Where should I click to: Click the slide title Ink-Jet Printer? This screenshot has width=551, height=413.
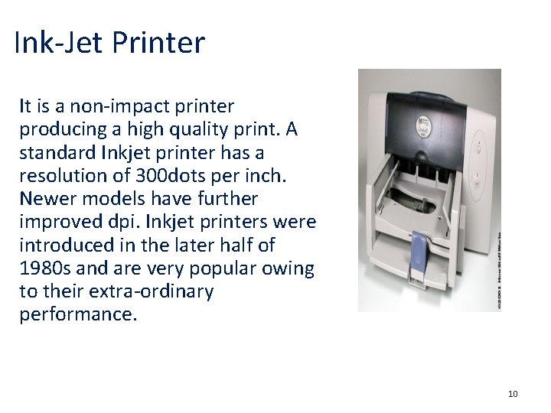pyautogui.click(x=109, y=42)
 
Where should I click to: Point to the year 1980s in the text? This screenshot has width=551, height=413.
pyautogui.click(x=43, y=268)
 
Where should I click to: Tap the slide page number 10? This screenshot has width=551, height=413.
pyautogui.click(x=513, y=394)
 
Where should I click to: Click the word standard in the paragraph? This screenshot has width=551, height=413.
pyautogui.click(x=54, y=152)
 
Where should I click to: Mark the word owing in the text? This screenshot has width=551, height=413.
pyautogui.click(x=292, y=268)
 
